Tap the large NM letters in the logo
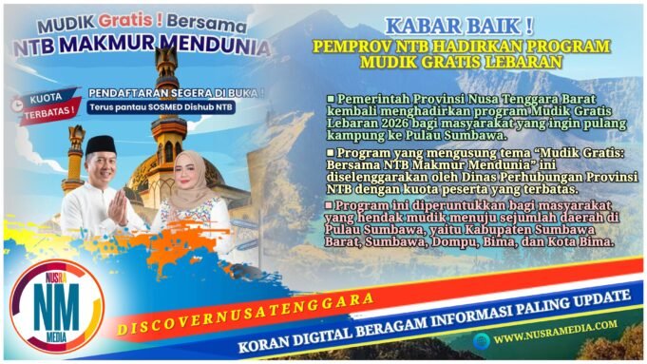[x=56, y=307]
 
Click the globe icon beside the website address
[x=483, y=335]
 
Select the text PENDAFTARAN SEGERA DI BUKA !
[x=176, y=92]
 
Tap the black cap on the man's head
[x=100, y=144]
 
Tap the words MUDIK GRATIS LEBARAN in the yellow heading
[x=461, y=62]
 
